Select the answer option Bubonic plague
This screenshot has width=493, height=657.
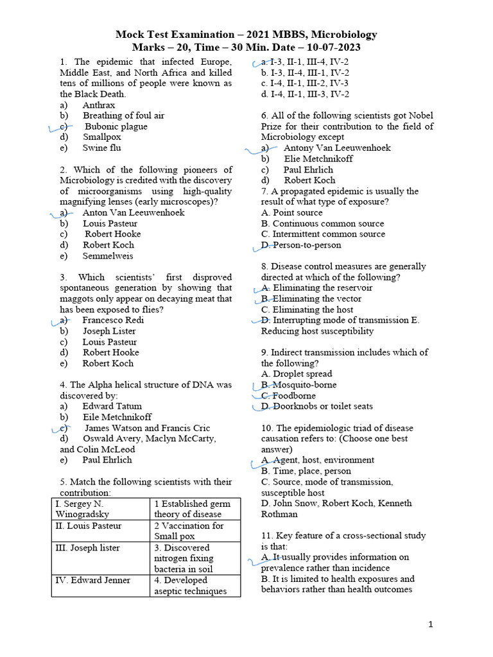(116, 126)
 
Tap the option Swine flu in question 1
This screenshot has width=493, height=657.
(101, 148)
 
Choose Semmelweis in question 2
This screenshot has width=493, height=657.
(108, 255)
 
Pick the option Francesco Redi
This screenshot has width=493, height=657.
(113, 320)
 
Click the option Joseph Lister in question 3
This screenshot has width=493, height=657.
(109, 330)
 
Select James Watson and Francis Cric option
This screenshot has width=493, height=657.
(147, 428)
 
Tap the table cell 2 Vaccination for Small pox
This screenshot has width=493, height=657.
(195, 531)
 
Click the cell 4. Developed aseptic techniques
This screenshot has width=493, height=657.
(195, 585)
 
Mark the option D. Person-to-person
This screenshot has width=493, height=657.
(301, 245)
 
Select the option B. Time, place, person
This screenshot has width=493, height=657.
(306, 471)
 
